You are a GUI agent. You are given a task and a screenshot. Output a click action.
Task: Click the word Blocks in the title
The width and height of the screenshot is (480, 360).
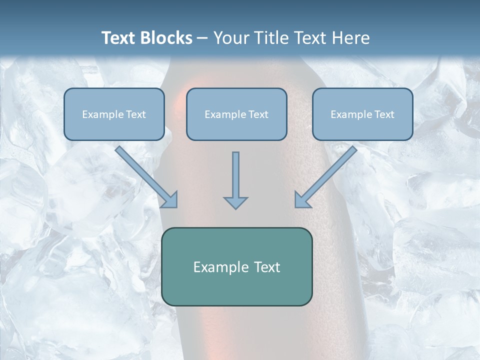point(167,38)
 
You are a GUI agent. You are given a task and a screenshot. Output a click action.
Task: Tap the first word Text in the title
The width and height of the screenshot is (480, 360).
point(120,38)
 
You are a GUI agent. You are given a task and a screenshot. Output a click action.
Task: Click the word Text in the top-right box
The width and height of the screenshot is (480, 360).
point(384,114)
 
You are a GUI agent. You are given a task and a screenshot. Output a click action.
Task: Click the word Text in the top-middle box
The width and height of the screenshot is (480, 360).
point(258,114)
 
